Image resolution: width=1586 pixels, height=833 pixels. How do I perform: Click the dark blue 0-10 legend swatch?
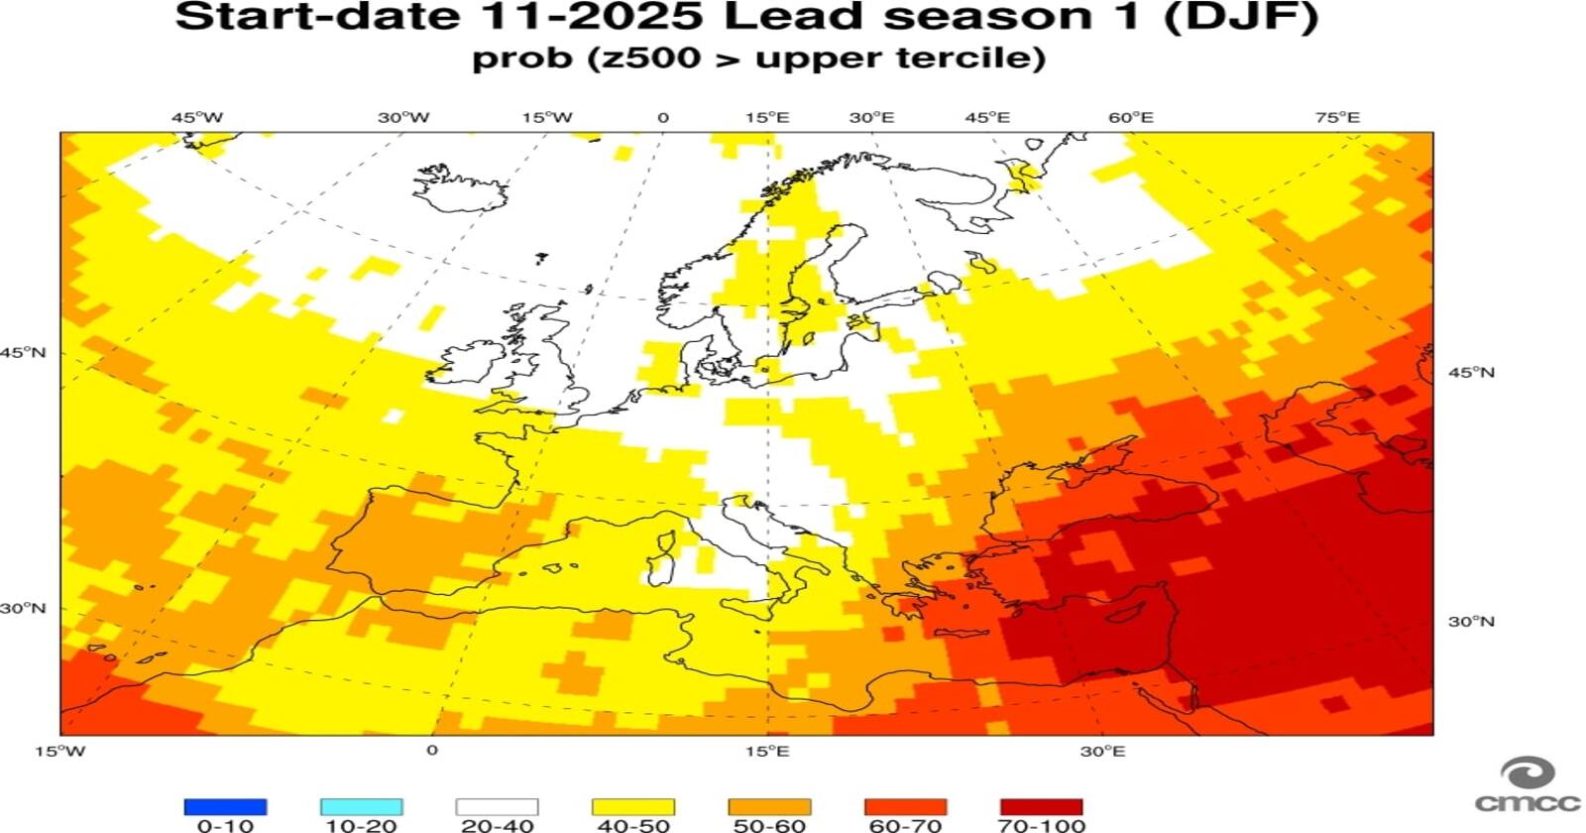[225, 807]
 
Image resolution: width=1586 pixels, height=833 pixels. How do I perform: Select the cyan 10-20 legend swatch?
[361, 807]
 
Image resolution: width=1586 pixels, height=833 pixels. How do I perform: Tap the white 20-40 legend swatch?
[497, 807]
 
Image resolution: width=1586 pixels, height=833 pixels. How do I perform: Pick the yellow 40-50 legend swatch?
[632, 807]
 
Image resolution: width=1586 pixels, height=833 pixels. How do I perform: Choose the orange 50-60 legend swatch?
[769, 807]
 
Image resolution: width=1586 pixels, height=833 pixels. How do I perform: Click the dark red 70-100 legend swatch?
[1041, 807]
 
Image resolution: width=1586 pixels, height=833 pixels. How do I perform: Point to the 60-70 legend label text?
[905, 825]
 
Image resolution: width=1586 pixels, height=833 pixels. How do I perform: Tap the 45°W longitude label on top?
[197, 117]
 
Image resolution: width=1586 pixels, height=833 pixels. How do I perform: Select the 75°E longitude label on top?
[1337, 117]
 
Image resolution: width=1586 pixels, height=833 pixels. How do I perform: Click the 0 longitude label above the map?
[663, 117]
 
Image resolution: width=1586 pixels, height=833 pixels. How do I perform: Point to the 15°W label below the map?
[60, 751]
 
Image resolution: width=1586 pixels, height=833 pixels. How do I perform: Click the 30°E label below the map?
[1102, 751]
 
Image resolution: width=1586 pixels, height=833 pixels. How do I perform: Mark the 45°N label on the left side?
[23, 352]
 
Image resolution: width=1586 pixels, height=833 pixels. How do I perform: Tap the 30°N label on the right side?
[1471, 622]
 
